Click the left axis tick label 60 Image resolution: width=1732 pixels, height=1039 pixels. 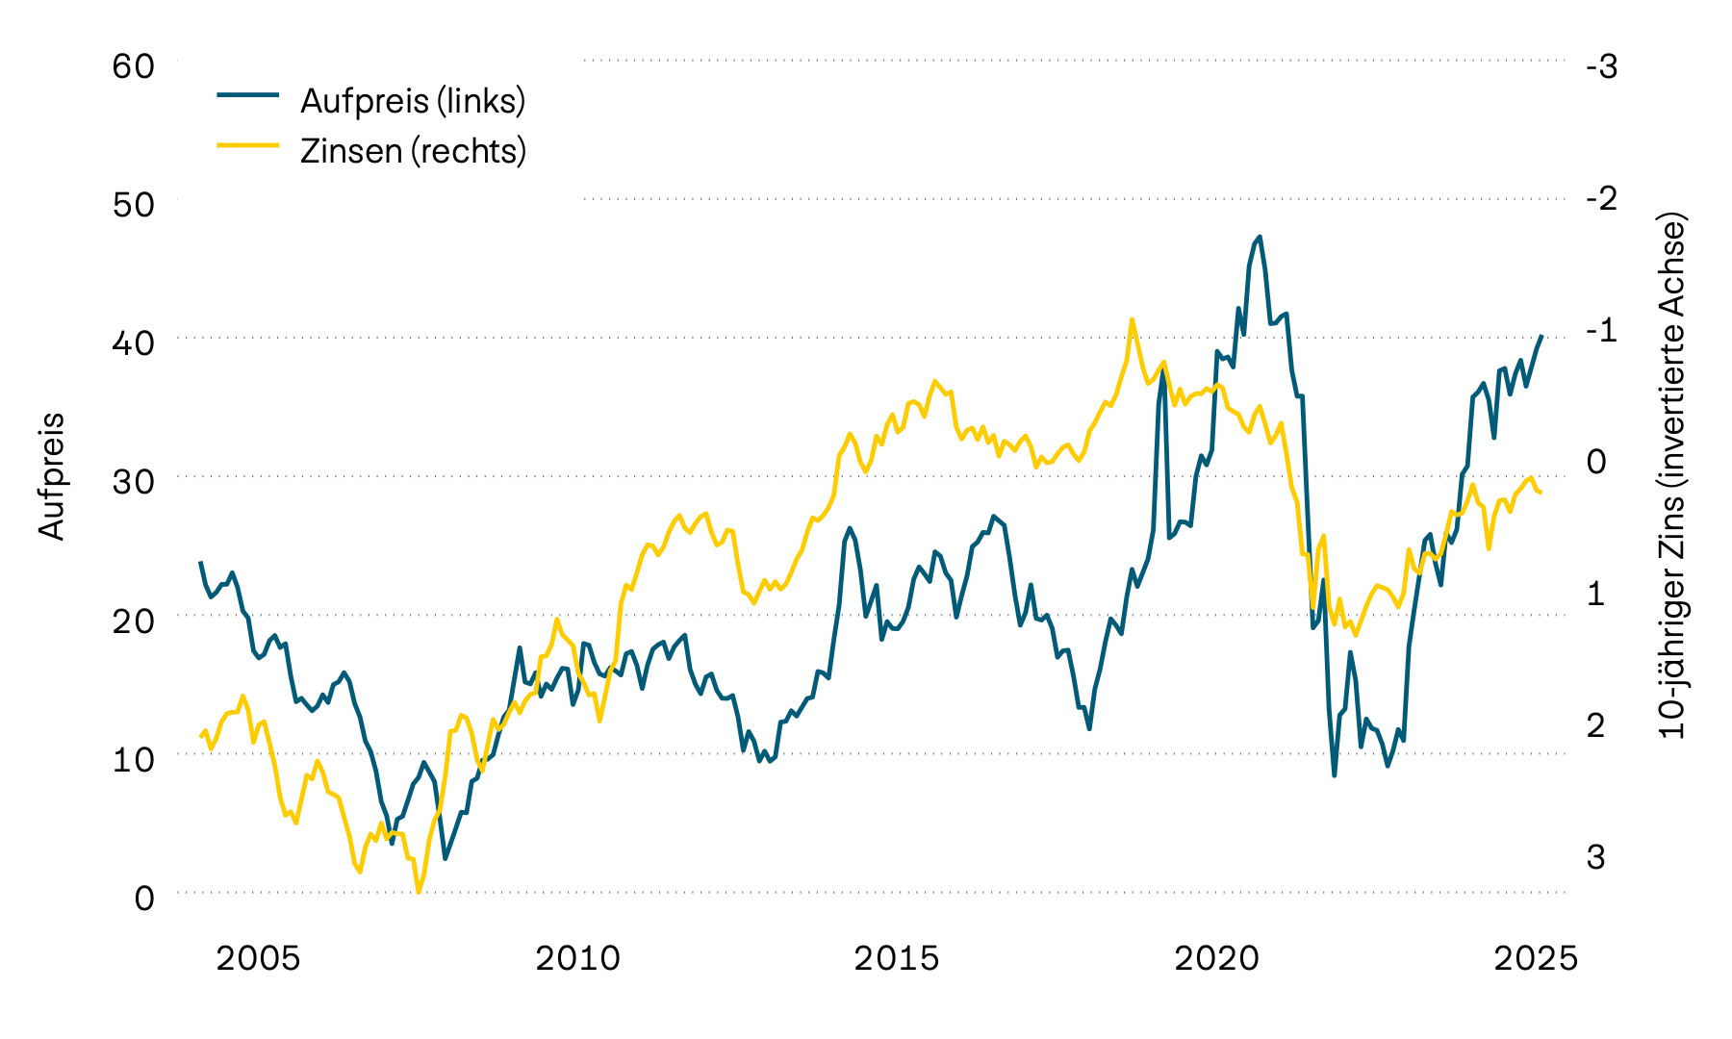pyautogui.click(x=133, y=67)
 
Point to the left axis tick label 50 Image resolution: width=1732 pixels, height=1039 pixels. pyautogui.click(x=133, y=206)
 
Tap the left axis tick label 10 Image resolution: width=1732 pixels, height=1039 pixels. pyautogui.click(x=133, y=759)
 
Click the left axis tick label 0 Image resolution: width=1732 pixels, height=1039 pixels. pyautogui.click(x=144, y=898)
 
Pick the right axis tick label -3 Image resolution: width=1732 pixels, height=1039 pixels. pyautogui.click(x=1601, y=67)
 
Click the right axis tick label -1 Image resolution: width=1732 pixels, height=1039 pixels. pyautogui.click(x=1601, y=330)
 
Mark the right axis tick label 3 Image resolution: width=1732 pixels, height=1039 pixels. pyautogui.click(x=1596, y=856)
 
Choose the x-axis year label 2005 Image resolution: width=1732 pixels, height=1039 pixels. pyautogui.click(x=258, y=959)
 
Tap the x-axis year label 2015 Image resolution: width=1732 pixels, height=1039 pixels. pyautogui.click(x=897, y=959)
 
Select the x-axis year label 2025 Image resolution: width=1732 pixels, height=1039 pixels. pyautogui.click(x=1536, y=959)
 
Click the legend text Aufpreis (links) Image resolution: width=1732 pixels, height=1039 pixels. pyautogui.click(x=413, y=101)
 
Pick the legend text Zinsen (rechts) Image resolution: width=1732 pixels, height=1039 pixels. pyautogui.click(x=413, y=151)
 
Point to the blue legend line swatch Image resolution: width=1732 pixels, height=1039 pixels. pyautogui.click(x=248, y=95)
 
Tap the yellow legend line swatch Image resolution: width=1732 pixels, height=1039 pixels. pyautogui.click(x=248, y=145)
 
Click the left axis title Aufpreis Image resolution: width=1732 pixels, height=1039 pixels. pyautogui.click(x=52, y=476)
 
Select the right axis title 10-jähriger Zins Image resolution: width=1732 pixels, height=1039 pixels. pyautogui.click(x=1674, y=476)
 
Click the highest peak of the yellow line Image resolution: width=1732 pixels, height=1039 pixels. pyautogui.click(x=1132, y=319)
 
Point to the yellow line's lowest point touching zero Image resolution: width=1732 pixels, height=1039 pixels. pyautogui.click(x=419, y=892)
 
